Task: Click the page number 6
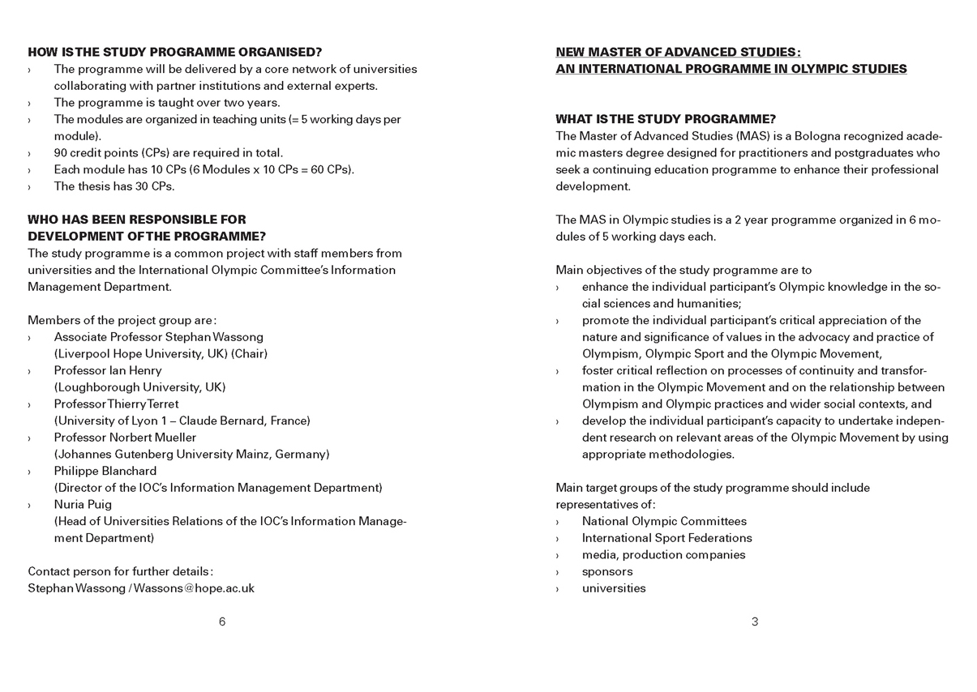(222, 622)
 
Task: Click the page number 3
(755, 622)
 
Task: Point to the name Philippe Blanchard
(105, 471)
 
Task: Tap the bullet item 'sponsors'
(607, 571)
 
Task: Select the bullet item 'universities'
(614, 588)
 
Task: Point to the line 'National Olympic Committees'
(664, 521)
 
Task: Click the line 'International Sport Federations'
(666, 538)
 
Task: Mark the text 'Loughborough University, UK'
(140, 387)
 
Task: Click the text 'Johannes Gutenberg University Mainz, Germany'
(192, 454)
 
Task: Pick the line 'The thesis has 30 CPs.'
(114, 186)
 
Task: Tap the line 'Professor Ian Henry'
(108, 370)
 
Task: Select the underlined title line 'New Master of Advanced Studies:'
(678, 52)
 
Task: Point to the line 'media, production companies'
(663, 554)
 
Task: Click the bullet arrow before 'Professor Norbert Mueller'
(30, 438)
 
